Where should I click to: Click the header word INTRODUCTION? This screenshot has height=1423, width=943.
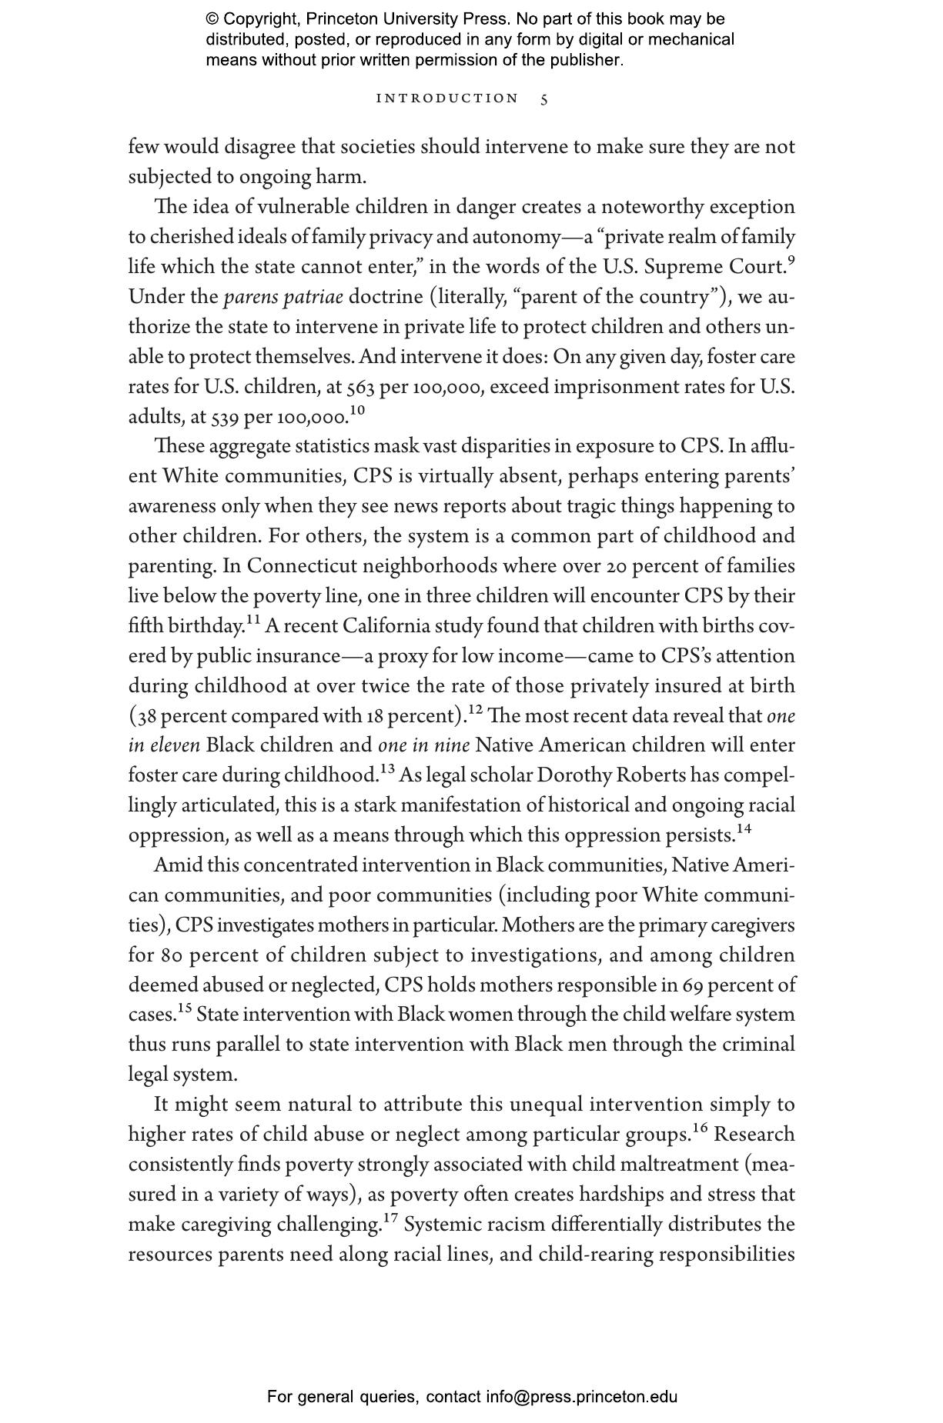[447, 98]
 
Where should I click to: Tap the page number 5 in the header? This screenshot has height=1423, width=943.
[544, 99]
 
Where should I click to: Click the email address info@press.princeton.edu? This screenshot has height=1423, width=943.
[581, 1397]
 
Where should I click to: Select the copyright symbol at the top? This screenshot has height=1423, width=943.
[212, 19]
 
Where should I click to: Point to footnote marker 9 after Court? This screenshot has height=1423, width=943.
[791, 260]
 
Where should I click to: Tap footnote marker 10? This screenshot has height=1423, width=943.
[357, 411]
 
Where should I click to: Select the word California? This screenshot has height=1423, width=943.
[386, 626]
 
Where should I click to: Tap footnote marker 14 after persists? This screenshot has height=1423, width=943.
[744, 828]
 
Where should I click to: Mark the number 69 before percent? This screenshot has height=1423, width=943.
[693, 985]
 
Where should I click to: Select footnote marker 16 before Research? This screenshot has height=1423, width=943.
[700, 1128]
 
